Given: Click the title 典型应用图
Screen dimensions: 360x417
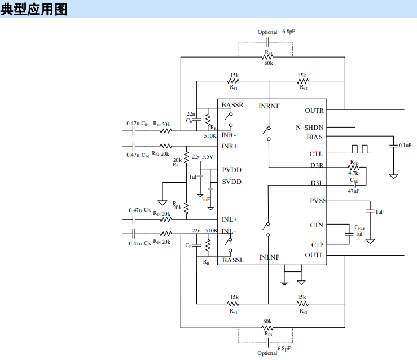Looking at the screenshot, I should point(34,10).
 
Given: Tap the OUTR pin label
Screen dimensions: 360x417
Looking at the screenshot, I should point(314,111).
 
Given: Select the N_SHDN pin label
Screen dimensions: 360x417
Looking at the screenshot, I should point(310,128).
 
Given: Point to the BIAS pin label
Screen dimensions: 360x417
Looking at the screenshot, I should point(315,137).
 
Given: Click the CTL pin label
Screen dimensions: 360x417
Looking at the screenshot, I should point(316,154).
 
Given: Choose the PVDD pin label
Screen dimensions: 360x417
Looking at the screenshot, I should point(231,170).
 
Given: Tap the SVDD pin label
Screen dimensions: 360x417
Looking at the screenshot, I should point(231,182).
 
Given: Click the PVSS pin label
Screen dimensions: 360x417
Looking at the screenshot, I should point(317,201).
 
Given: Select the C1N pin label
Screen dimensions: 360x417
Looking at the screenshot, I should point(317,225).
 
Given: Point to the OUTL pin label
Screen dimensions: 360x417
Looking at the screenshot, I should point(314,255).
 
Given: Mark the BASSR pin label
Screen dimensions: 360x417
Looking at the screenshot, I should point(232,105).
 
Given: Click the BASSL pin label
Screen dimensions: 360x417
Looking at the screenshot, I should point(233,260).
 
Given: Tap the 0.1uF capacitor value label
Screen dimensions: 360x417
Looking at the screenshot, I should point(405,146).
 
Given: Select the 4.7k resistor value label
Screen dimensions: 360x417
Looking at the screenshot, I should point(354,173).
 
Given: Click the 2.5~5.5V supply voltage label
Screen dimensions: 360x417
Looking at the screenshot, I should point(203,156).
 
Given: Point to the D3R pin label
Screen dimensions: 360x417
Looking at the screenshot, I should point(317,165).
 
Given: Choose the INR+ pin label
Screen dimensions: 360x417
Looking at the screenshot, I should point(230,146).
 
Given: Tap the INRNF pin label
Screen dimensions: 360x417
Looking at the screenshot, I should point(269,106).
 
